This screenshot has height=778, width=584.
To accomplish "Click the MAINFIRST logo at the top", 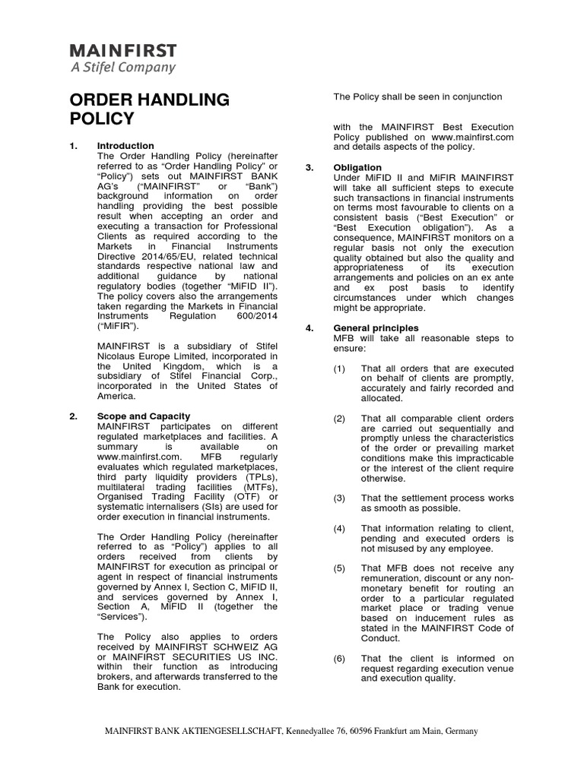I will click(x=123, y=51).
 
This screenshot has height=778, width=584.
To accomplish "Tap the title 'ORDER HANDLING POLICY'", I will click(x=149, y=109).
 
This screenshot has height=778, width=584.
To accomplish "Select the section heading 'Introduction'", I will click(x=125, y=145).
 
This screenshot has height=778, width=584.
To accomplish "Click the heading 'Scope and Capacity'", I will click(x=144, y=416).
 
